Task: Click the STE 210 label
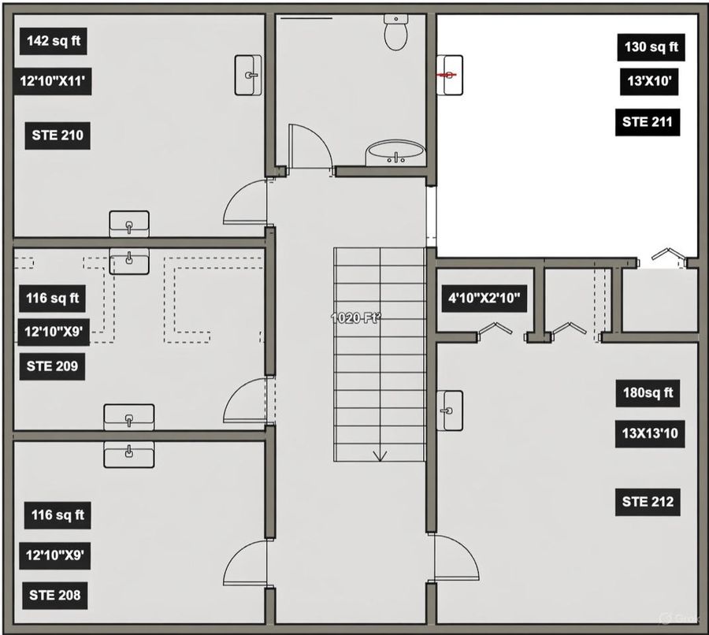click(x=58, y=136)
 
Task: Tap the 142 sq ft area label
click(x=54, y=41)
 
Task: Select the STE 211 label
click(x=648, y=122)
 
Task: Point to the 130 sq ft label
click(x=651, y=47)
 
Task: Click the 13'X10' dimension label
click(x=649, y=81)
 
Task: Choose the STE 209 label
click(x=52, y=366)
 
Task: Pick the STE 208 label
click(x=54, y=595)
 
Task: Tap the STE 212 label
click(x=648, y=502)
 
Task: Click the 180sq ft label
click(x=648, y=393)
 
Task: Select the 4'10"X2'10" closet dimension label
click(x=484, y=299)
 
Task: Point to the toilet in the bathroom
click(x=395, y=32)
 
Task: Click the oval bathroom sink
click(x=395, y=153)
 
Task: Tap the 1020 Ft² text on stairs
click(x=356, y=318)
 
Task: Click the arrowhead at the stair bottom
click(x=380, y=456)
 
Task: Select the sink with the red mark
click(x=450, y=75)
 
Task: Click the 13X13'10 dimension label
click(x=650, y=434)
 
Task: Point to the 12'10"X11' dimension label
click(x=53, y=81)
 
